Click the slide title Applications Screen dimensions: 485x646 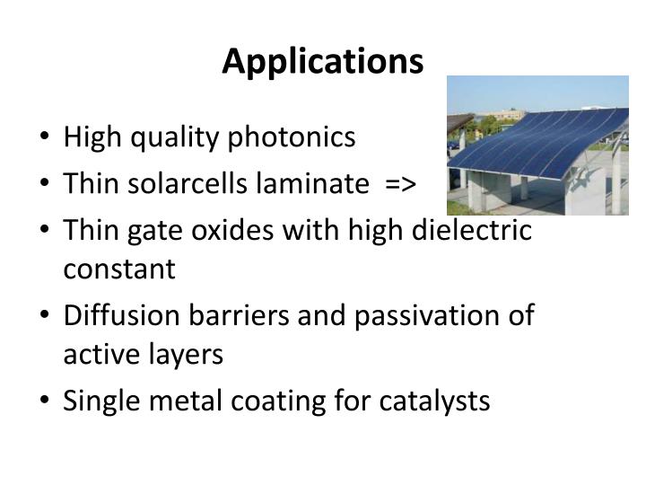coord(323,61)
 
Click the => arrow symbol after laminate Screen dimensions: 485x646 coord(398,185)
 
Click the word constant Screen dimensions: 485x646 coord(119,269)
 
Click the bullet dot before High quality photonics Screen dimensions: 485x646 coord(45,139)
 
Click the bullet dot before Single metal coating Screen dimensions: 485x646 coord(45,401)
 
